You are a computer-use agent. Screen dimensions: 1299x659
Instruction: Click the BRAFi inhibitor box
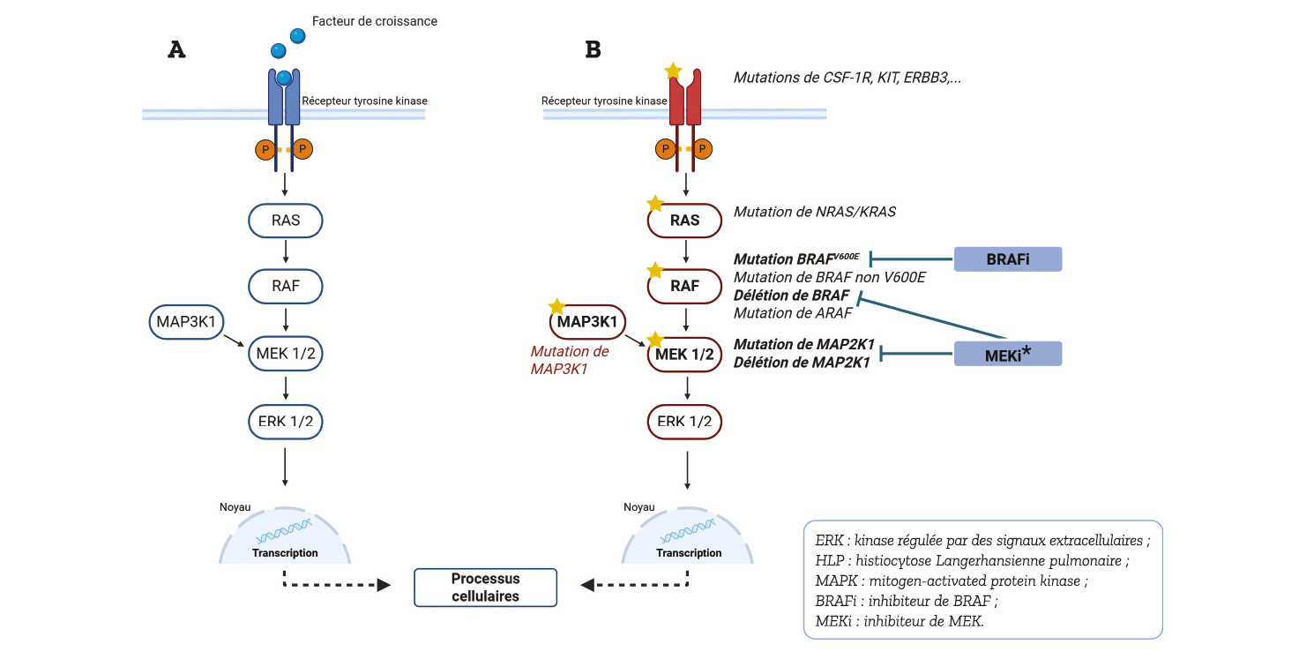1008,259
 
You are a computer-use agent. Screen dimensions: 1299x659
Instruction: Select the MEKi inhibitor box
1008,354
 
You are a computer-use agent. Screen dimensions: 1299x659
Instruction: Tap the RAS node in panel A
286,221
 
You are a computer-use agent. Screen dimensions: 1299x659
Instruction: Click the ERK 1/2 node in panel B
684,422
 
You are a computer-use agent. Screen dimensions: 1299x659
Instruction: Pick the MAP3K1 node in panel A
186,322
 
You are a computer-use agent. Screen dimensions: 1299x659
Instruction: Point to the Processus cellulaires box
485,588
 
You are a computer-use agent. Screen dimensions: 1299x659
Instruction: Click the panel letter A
177,49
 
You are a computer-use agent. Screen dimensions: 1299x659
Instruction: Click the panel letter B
593,49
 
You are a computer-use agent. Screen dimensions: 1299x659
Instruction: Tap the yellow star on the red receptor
673,71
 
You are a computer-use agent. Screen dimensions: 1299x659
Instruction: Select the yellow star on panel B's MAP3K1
556,306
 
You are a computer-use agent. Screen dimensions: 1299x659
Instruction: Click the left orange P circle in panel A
265,150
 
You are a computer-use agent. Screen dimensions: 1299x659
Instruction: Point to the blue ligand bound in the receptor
284,78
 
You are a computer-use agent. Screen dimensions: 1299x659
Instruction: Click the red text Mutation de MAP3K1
570,360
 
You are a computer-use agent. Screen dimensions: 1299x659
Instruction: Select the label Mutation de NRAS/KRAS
814,212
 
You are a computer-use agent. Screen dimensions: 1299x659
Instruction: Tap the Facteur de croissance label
375,21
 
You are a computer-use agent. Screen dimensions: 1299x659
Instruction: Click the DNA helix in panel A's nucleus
284,530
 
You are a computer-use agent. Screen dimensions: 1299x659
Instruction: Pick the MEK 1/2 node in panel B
684,355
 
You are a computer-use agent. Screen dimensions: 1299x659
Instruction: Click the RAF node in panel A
286,287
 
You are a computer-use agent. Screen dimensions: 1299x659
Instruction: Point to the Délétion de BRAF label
791,296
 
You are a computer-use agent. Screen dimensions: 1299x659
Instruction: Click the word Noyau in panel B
639,507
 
